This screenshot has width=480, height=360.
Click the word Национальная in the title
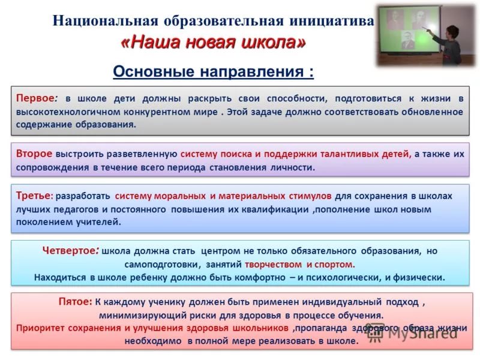(x=106, y=21)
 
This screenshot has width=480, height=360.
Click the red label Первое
(x=35, y=98)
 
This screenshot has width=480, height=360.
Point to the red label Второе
(x=34, y=154)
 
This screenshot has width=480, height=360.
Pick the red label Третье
(x=33, y=196)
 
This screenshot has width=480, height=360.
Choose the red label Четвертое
(x=69, y=250)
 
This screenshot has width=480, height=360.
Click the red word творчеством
(x=273, y=264)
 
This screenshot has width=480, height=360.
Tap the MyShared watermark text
(x=422, y=333)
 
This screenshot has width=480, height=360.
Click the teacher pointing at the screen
(x=446, y=44)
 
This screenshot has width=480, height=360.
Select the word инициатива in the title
(x=332, y=21)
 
